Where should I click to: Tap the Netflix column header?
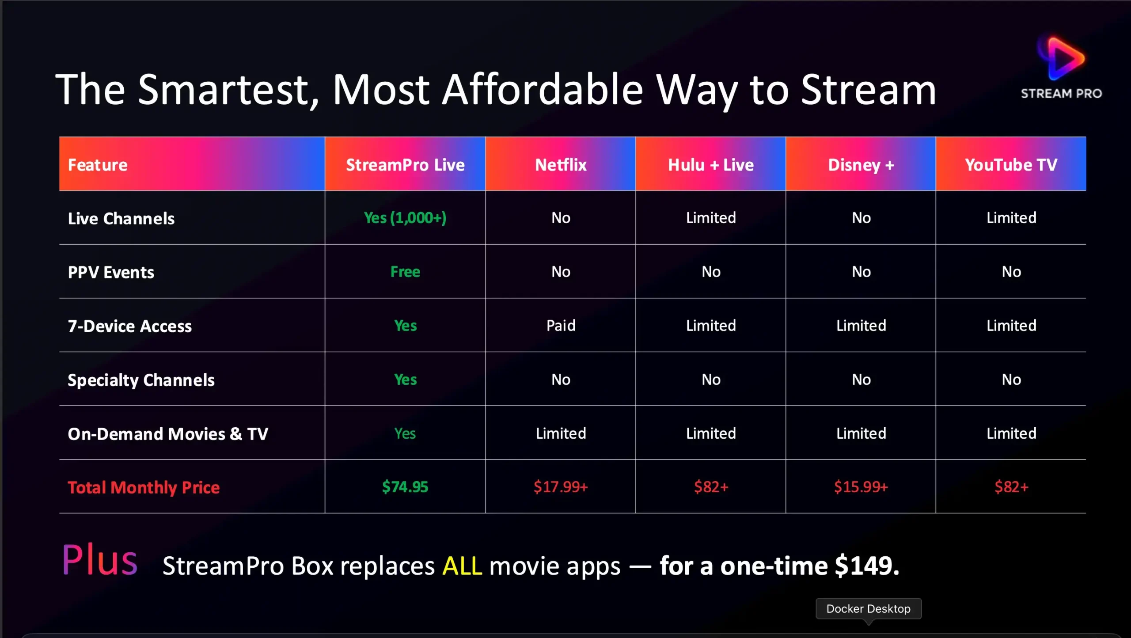click(561, 165)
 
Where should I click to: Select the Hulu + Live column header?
click(711, 165)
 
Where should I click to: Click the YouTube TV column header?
click(1011, 165)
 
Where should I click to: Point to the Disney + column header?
click(861, 165)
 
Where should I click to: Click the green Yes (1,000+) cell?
click(405, 218)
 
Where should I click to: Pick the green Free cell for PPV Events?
click(405, 272)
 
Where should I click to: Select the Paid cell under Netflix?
click(561, 326)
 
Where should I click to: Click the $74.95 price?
click(405, 487)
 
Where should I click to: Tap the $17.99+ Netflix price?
click(561, 487)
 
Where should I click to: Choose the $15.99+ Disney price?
click(861, 487)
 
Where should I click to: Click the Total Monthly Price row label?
click(144, 487)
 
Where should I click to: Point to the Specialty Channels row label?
click(141, 380)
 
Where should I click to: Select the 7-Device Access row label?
click(130, 326)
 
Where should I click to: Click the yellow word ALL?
click(462, 566)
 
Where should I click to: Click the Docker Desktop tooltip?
click(869, 609)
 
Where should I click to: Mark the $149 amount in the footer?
click(867, 566)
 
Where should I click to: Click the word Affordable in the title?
click(543, 90)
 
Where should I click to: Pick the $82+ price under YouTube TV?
click(1011, 487)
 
